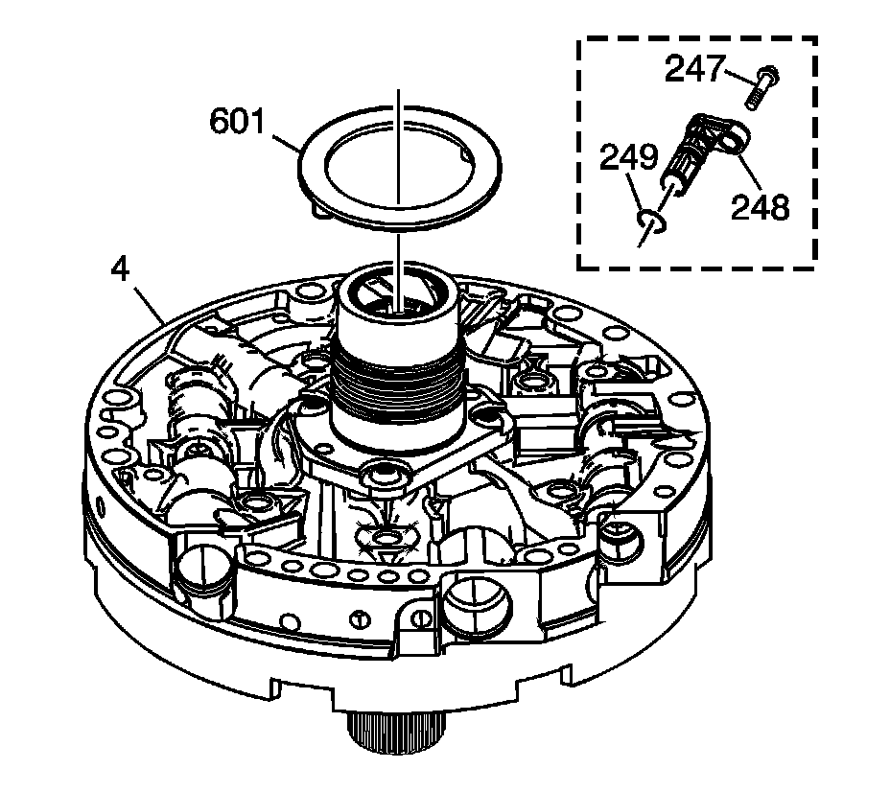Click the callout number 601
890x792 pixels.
243,123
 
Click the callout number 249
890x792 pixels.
629,156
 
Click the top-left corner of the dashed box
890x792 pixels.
578,39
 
